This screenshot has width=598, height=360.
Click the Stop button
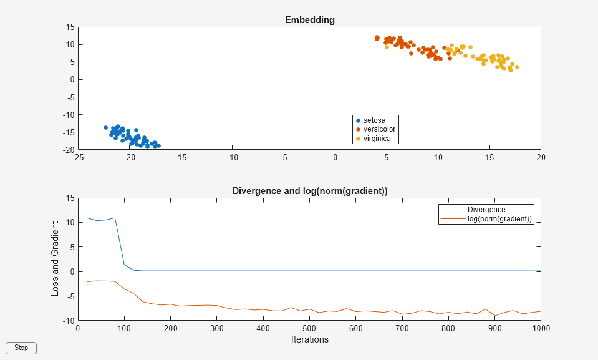tap(21, 348)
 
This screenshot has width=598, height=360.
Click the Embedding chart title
tap(309, 20)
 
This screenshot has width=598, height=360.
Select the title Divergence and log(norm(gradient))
tap(309, 191)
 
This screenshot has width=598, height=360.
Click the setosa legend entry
tap(374, 120)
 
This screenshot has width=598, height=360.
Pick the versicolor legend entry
tap(379, 129)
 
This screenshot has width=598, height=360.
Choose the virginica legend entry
tap(377, 138)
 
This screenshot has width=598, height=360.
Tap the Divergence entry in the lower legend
tap(486, 210)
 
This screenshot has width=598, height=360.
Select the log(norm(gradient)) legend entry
tap(499, 218)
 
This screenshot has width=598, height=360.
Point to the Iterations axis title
tap(309, 340)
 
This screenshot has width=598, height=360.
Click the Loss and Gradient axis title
tap(55, 258)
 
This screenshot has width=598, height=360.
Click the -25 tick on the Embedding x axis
tap(78, 157)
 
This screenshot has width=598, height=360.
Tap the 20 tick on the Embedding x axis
tap(541, 157)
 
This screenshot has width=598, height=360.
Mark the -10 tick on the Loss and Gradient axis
tap(69, 321)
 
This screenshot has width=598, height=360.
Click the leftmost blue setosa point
tap(105, 127)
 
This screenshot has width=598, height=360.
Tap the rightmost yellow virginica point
tap(517, 67)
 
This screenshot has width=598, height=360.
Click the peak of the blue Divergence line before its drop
tap(115, 218)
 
